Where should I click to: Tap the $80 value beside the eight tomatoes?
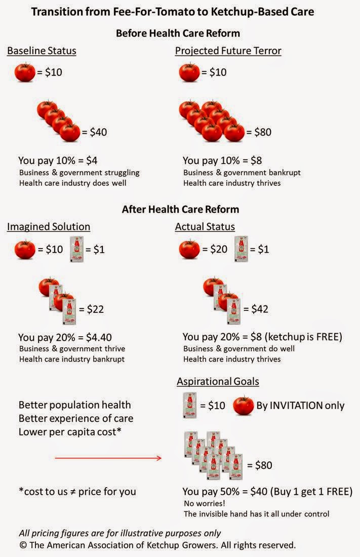coord(259,133)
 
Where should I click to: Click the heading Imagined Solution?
coord(49,227)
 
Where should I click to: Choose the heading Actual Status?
coord(205,227)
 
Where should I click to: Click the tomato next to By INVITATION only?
coord(243,406)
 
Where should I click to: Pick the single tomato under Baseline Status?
coord(25,72)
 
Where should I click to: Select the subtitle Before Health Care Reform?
coord(178,33)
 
